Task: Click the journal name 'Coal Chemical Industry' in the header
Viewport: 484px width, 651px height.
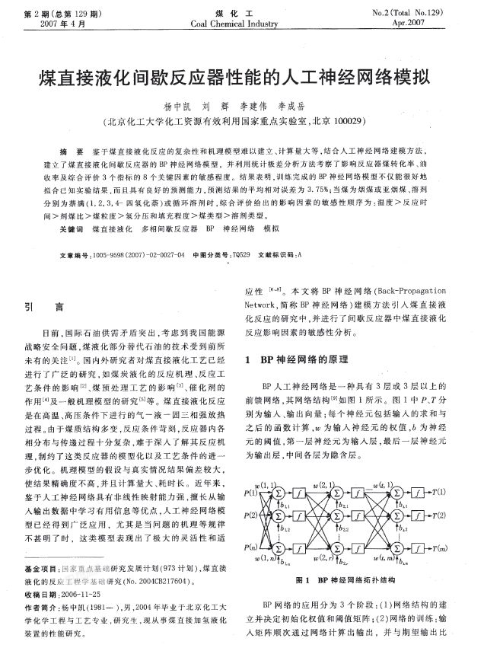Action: pyautogui.click(x=241, y=24)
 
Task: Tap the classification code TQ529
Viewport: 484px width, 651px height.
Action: pyautogui.click(x=239, y=255)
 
